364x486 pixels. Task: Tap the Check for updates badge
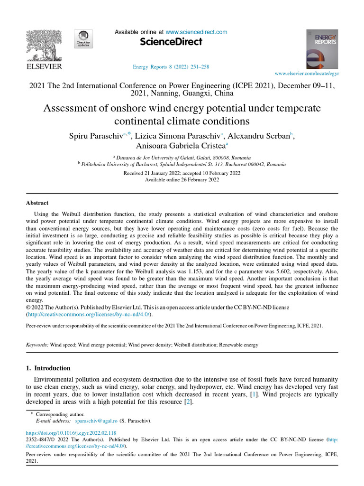coord(83,38)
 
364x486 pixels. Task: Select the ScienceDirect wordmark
coord(171,42)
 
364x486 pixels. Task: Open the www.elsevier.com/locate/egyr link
coord(307,74)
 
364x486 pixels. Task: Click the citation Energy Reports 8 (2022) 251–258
coord(171,67)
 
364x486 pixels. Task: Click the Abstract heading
coord(37,203)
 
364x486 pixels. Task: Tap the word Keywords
coord(37,345)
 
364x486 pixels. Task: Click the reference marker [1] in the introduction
coord(253,394)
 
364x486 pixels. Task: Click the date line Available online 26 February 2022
coord(182,180)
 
